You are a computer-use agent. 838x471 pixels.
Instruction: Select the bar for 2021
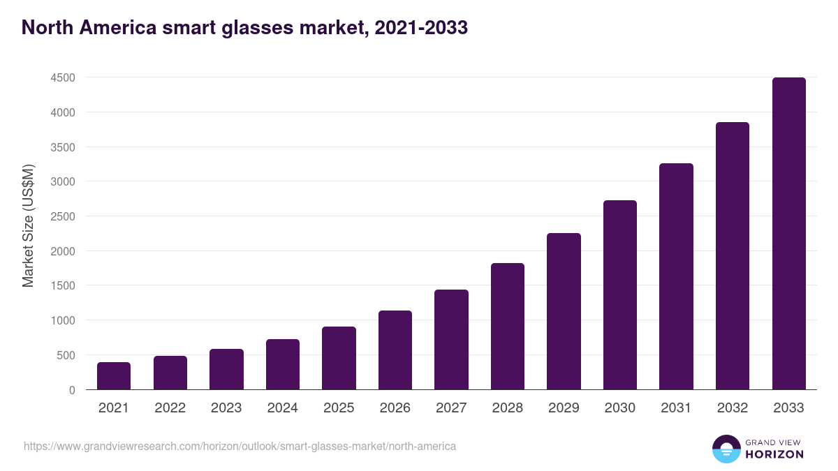click(114, 376)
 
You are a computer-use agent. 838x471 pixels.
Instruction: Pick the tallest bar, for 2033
click(788, 234)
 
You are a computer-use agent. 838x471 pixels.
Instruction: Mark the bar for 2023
click(226, 369)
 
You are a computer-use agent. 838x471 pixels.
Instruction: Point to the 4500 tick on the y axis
click(63, 77)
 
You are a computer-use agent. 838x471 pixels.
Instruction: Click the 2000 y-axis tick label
click(63, 251)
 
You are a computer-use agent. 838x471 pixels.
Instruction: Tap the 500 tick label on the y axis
click(66, 355)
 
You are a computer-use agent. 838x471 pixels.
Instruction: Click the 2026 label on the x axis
click(395, 408)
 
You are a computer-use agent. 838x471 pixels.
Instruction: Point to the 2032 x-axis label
click(732, 408)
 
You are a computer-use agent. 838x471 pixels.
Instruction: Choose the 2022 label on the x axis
click(170, 408)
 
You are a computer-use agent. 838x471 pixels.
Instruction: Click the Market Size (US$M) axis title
click(28, 225)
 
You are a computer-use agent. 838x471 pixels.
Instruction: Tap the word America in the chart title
click(113, 28)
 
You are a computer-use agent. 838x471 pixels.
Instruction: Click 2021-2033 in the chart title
click(420, 28)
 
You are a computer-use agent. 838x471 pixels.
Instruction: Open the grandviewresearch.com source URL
click(240, 446)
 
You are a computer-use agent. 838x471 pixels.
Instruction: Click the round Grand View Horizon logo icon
click(726, 449)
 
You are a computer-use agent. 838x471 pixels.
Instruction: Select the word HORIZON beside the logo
click(774, 454)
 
